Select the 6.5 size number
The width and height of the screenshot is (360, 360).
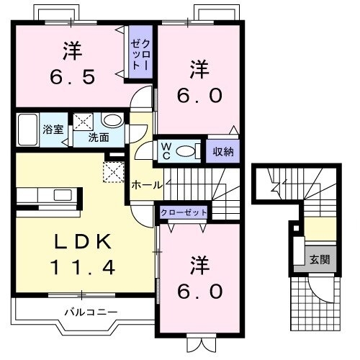pos(71,76)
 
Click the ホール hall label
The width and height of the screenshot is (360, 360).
pos(146,184)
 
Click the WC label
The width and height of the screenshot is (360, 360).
pos(165,151)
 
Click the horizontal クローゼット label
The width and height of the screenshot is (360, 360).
pos(184,212)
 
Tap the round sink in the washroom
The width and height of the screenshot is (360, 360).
pos(112,121)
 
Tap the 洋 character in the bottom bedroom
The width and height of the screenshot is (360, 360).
pos(201,265)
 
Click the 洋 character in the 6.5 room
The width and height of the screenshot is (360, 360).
pos(71,51)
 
